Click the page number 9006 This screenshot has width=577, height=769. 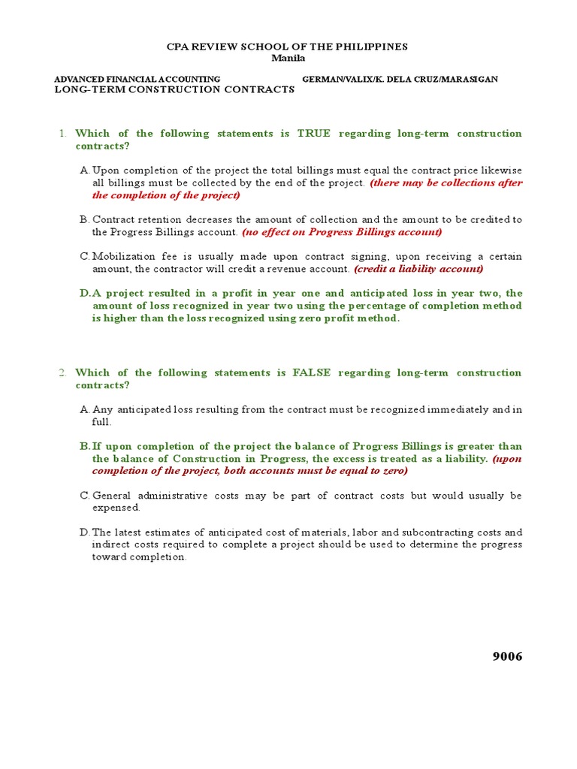[x=506, y=657]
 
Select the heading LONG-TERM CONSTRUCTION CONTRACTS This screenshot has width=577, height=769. [x=175, y=89]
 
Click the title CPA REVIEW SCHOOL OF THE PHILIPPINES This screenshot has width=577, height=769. [x=287, y=47]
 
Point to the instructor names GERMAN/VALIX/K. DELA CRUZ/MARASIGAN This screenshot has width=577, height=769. [x=400, y=79]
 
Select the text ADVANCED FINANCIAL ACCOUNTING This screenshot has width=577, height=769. [x=138, y=79]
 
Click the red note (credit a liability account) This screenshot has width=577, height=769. [x=418, y=269]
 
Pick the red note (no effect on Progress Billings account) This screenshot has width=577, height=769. [x=342, y=232]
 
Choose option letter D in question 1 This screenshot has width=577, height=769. [x=84, y=294]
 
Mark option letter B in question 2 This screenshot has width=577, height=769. [x=84, y=446]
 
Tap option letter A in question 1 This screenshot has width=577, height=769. [x=84, y=170]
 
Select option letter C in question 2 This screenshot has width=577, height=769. [x=84, y=496]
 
